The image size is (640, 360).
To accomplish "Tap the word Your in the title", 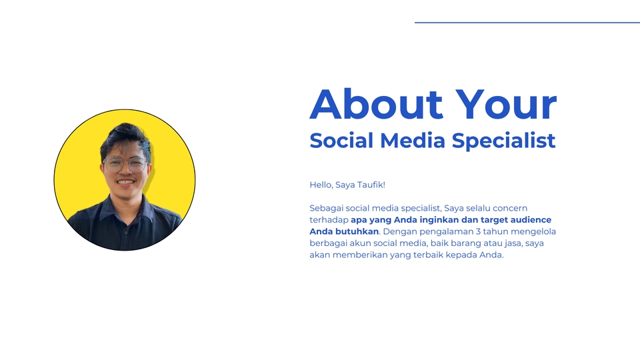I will pyautogui.click(x=506, y=105).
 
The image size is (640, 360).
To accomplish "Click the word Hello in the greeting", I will pyautogui.click(x=321, y=184).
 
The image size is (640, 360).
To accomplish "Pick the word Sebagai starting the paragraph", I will pyautogui.click(x=327, y=208).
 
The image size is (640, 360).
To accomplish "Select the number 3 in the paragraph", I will pyautogui.click(x=478, y=231).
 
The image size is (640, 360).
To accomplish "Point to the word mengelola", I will pyautogui.click(x=533, y=231).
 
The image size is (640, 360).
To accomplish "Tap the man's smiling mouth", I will pyautogui.click(x=125, y=181).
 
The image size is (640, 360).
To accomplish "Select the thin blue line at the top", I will pyautogui.click(x=527, y=23).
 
